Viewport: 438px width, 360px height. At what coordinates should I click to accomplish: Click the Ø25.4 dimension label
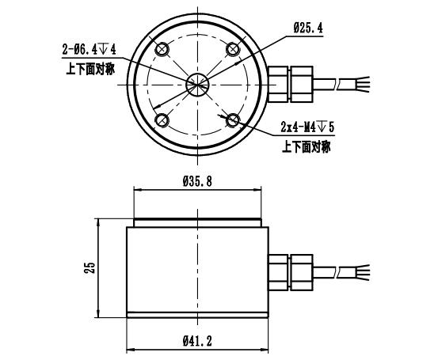[x=308, y=28]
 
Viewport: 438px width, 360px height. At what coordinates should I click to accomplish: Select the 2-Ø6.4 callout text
[x=89, y=50]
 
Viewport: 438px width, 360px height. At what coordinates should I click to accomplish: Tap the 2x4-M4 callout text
[x=307, y=127]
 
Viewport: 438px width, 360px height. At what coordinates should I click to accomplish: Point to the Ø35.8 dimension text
[x=197, y=181]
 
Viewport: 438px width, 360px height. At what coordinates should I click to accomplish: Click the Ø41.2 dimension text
[x=197, y=341]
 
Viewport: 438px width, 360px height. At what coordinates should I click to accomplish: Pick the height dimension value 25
[x=91, y=267]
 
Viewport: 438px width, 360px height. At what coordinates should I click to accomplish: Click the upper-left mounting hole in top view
[x=162, y=49]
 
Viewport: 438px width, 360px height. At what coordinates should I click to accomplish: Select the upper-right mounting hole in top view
[x=233, y=49]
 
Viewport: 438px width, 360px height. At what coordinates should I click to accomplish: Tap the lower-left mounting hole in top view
[x=162, y=120]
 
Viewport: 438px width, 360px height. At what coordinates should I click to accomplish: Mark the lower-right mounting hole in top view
[x=233, y=120]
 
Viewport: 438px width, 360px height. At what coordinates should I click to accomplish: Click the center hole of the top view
[x=197, y=85]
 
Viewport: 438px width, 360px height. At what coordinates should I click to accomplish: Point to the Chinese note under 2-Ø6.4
[x=90, y=69]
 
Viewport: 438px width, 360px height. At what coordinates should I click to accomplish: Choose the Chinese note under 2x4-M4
[x=307, y=146]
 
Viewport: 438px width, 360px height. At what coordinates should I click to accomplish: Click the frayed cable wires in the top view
[x=362, y=84]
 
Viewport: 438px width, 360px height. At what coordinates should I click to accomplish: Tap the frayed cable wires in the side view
[x=362, y=273]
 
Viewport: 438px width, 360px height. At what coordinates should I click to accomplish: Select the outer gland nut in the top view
[x=302, y=84]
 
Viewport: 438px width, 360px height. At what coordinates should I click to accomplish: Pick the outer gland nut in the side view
[x=302, y=273]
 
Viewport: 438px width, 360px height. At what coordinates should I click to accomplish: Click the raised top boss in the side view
[x=197, y=222]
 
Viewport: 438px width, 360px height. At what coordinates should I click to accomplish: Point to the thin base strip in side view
[x=197, y=315]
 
